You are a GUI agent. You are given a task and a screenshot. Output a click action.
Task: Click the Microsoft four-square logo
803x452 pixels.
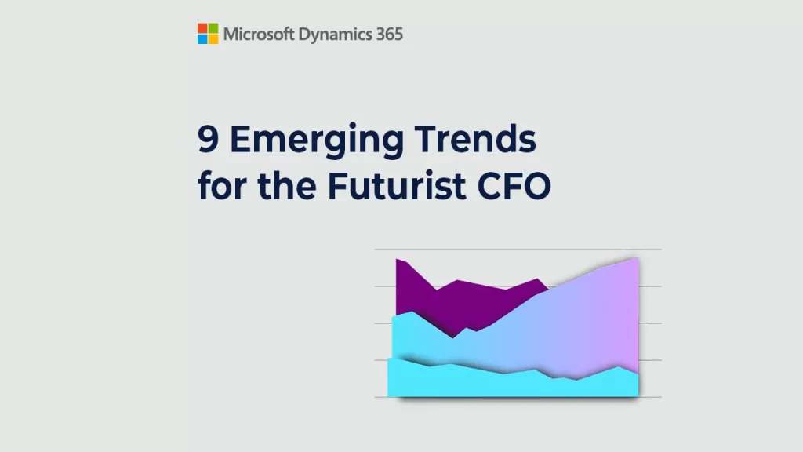click(208, 34)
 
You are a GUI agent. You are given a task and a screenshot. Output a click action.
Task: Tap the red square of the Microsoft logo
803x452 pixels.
click(203, 29)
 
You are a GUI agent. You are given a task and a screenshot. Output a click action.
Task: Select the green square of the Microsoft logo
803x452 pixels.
click(213, 29)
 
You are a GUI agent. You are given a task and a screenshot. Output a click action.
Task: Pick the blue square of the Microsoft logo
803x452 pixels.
click(203, 39)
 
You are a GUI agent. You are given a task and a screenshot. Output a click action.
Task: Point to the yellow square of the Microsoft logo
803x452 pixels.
click(213, 39)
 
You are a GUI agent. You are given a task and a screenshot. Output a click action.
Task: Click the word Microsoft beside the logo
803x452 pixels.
click(259, 35)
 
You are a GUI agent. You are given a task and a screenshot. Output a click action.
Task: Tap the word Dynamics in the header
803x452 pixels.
click(335, 35)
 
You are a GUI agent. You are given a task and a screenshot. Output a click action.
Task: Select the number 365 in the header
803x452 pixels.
click(390, 35)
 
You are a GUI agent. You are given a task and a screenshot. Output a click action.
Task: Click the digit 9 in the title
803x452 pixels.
click(209, 139)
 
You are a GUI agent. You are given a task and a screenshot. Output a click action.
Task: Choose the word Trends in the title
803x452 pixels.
click(476, 139)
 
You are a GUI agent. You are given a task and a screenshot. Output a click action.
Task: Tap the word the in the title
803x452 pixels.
click(287, 184)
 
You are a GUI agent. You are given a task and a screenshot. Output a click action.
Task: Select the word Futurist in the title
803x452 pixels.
click(396, 184)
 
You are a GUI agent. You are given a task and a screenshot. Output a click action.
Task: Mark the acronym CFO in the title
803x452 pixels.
click(514, 185)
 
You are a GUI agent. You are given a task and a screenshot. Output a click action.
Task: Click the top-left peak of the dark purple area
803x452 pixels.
click(397, 259)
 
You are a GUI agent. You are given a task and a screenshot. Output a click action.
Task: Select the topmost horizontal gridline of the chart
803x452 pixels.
click(518, 250)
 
